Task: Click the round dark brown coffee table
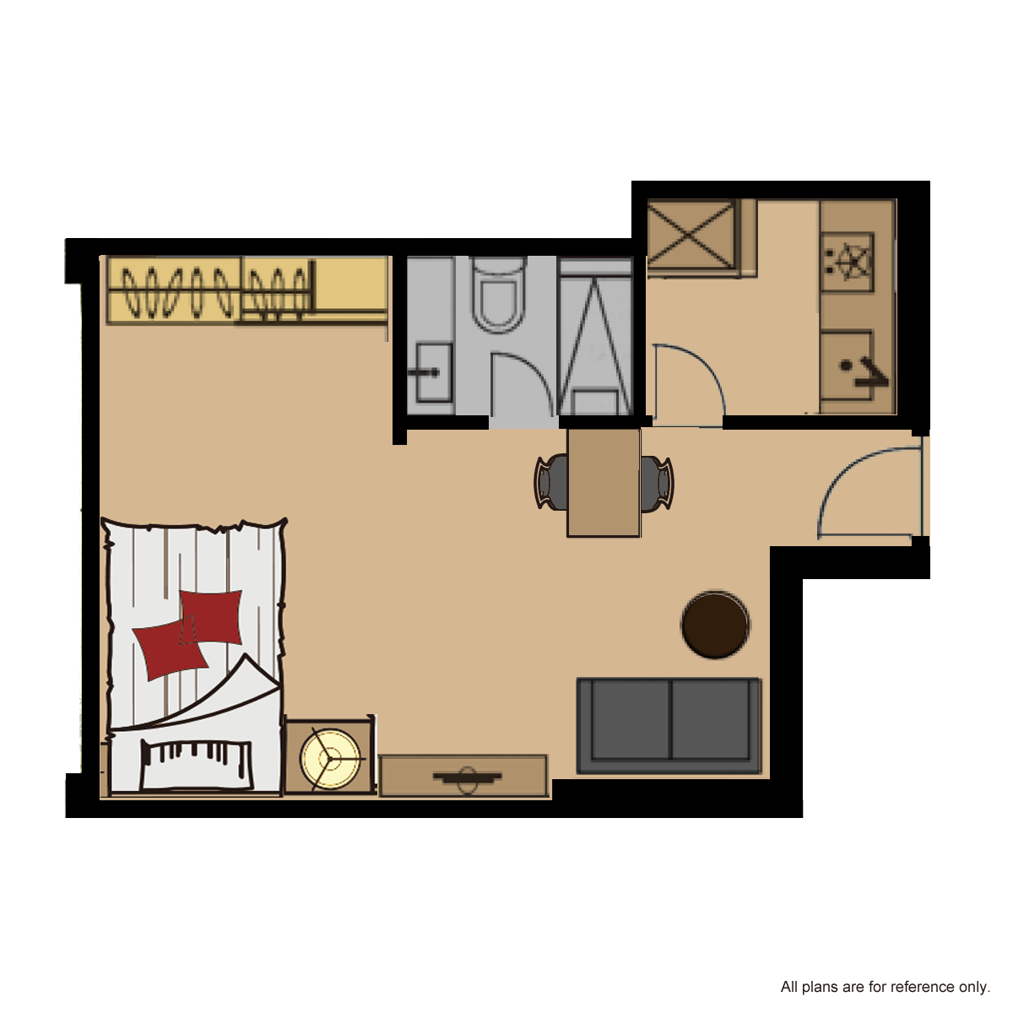[715, 625]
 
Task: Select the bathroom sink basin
[434, 373]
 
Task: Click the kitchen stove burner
[848, 262]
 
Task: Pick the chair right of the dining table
[657, 483]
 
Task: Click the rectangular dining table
[604, 483]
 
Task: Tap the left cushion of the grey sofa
[631, 720]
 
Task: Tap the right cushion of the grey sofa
[710, 720]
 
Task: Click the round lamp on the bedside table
[329, 759]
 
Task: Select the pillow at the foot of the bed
[196, 764]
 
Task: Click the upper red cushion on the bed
[211, 617]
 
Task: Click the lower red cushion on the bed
[170, 647]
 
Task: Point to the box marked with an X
[690, 234]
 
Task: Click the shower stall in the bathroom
[595, 337]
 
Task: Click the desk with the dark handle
[463, 776]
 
